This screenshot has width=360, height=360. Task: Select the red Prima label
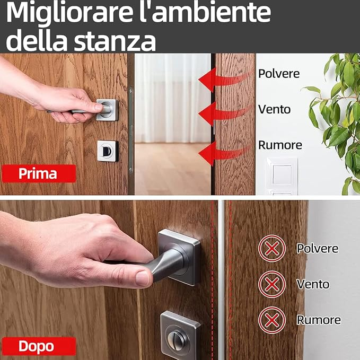pos(38,173)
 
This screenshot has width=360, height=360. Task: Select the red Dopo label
pos(36,346)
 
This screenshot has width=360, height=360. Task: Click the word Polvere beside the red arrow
pos(279,74)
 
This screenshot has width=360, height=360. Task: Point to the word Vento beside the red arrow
pos(274,109)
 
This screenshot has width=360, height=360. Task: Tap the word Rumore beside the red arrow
pos(280,145)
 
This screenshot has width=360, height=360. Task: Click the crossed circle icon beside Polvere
pos(272,248)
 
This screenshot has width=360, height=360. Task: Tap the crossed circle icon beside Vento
pos(272,284)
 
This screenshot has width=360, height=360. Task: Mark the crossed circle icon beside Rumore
pos(272,320)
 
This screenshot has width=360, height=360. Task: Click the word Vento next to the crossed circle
pos(313,284)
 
